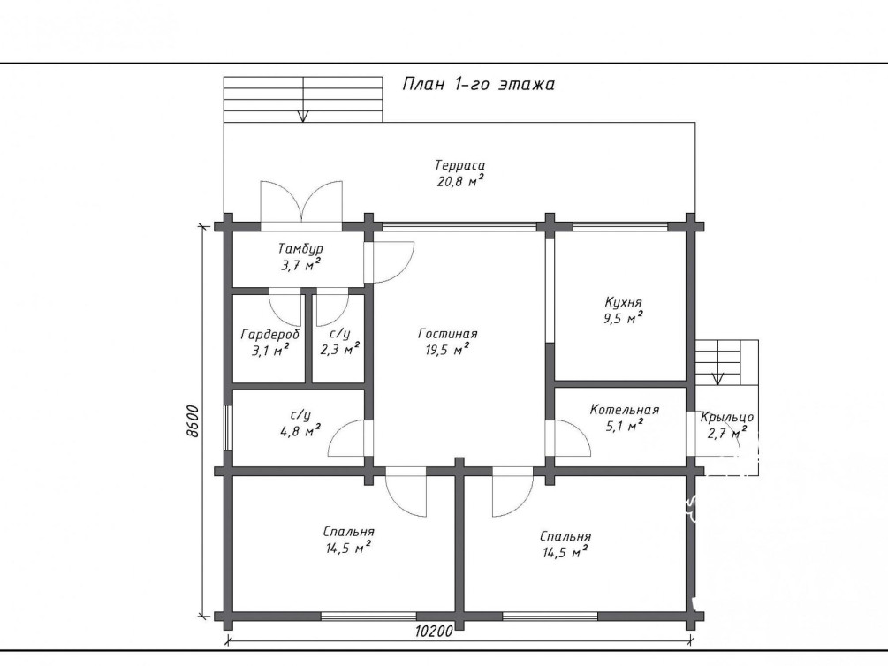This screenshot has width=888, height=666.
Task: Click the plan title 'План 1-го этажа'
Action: [x=479, y=84]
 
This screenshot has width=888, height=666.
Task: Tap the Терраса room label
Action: [x=459, y=165]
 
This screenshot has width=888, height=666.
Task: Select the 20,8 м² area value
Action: [x=459, y=181]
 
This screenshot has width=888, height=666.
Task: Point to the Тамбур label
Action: [x=300, y=248]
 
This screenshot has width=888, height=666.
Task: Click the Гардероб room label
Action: [x=270, y=334]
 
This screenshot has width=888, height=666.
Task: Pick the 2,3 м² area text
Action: [x=340, y=350]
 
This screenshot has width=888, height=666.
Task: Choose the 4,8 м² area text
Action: [x=300, y=430]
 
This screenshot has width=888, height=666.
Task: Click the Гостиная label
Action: [x=448, y=334]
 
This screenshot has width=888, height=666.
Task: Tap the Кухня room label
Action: [x=623, y=302]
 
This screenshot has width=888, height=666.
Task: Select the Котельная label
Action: [x=625, y=410]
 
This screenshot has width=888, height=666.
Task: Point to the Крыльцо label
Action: [x=727, y=418]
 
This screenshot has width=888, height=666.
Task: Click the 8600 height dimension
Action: [x=194, y=420]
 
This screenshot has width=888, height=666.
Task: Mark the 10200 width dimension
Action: [x=435, y=631]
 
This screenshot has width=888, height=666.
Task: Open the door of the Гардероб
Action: [x=285, y=307]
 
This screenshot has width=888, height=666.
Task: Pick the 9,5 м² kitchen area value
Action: [x=623, y=318]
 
